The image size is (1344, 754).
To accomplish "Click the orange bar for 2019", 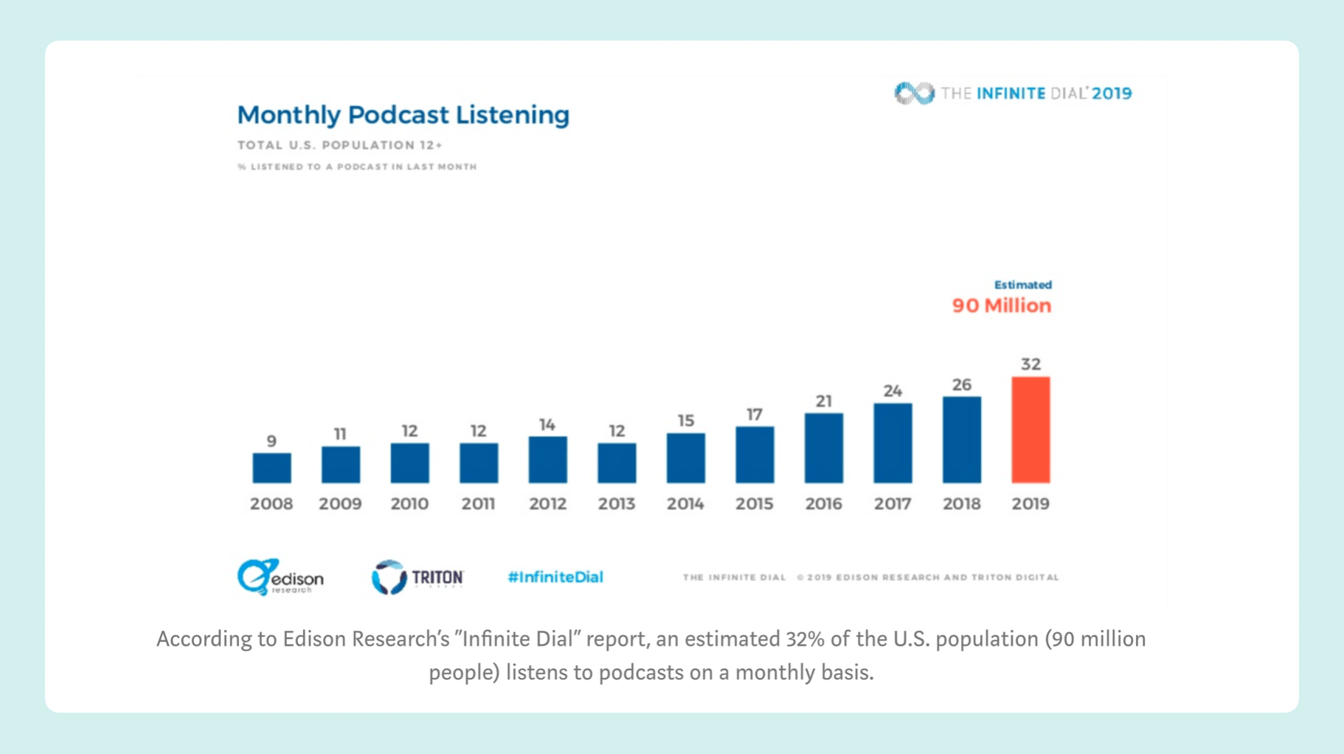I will tap(1030, 430).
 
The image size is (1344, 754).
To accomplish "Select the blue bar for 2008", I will tap(271, 468).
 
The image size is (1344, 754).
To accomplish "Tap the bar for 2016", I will tap(823, 448).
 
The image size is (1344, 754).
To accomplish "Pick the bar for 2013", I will tap(617, 463).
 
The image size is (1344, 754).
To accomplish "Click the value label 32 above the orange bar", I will tap(1030, 364).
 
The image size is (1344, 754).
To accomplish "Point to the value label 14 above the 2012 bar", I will tap(547, 425).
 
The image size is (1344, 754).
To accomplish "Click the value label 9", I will tap(271, 441).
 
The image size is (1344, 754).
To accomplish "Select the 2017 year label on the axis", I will tap(893, 504).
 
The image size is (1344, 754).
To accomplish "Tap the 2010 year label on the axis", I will tap(409, 504).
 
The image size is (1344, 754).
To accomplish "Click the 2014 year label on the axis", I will tap(685, 504).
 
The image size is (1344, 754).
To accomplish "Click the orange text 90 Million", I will tap(1001, 305).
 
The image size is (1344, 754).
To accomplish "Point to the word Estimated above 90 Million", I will tap(1022, 285).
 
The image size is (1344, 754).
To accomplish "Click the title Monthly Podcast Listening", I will tap(403, 115).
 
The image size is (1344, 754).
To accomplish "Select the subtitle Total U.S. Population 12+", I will tap(340, 145).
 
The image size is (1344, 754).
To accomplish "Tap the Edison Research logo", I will tap(280, 577).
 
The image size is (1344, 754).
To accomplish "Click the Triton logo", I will tap(418, 577).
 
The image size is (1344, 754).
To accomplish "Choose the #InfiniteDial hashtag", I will tap(555, 577).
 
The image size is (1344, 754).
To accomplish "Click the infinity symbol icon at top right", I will tap(914, 93).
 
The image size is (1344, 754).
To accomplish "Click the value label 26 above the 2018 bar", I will tap(962, 385).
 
